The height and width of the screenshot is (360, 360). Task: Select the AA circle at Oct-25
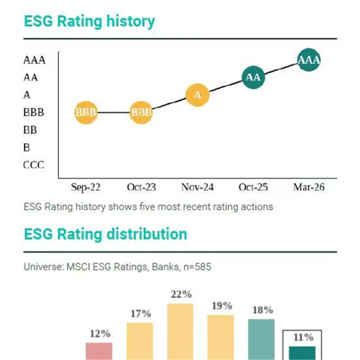(x=253, y=77)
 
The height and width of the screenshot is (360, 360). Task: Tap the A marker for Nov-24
(x=198, y=95)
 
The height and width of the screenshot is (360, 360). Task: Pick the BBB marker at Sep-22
(x=85, y=112)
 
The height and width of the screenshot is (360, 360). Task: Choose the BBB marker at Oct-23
(x=141, y=112)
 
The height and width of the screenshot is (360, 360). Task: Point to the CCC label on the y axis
(x=34, y=165)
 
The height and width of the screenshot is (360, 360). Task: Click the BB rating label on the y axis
(x=30, y=130)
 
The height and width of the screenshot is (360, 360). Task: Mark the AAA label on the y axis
(x=34, y=60)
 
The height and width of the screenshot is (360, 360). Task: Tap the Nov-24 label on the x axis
(x=198, y=187)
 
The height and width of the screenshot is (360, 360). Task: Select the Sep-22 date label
(x=85, y=187)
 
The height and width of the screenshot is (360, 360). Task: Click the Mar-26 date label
(x=309, y=187)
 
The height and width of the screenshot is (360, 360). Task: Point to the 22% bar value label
(x=181, y=295)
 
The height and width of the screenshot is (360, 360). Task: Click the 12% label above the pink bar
(x=99, y=334)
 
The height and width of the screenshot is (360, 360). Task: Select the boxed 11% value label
(x=302, y=337)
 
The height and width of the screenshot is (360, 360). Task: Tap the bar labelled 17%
(x=140, y=342)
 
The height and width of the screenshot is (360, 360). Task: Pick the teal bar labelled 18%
(x=261, y=340)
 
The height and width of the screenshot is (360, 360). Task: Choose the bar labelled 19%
(x=221, y=337)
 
